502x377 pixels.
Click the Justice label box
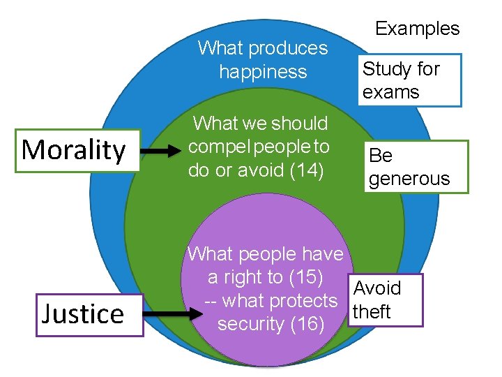[x=83, y=313]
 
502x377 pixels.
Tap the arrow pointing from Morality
[x=164, y=150]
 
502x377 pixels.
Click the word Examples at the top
[x=418, y=29]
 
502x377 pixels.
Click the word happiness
[x=263, y=71]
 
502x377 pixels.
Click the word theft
[x=372, y=311]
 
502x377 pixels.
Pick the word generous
[x=409, y=179]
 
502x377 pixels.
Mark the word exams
[x=391, y=92]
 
